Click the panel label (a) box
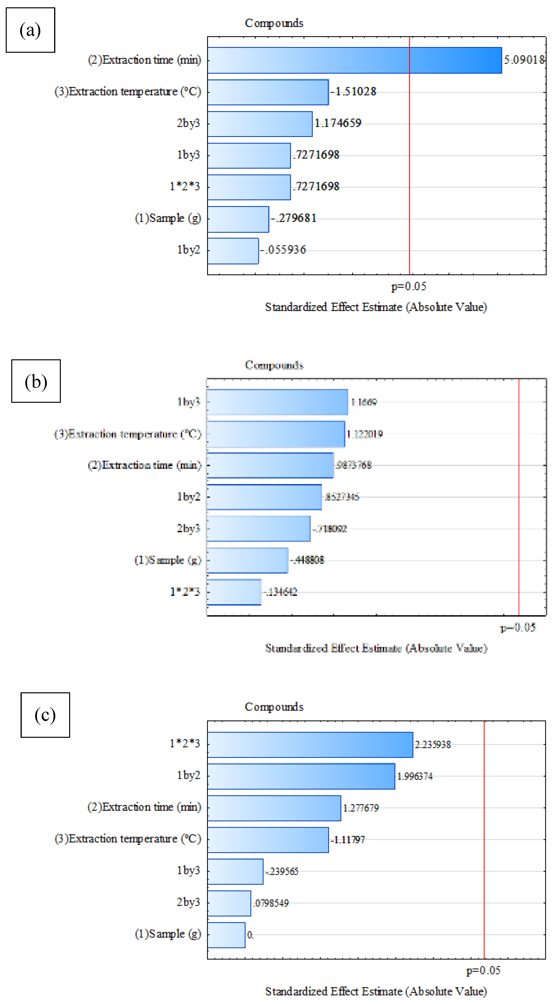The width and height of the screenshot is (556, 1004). coord(30,30)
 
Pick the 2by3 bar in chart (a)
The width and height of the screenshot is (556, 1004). coord(260,124)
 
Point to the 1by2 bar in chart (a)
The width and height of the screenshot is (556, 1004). coord(233,251)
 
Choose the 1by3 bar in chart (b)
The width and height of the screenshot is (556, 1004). coord(277,402)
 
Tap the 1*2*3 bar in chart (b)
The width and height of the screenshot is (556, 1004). coord(234,592)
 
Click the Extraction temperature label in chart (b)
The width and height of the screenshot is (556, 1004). coord(128,434)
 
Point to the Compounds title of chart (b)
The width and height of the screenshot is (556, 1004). coord(274,365)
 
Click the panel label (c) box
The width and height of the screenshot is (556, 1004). coord(45,715)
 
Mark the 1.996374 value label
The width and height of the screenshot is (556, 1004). coord(415,776)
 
